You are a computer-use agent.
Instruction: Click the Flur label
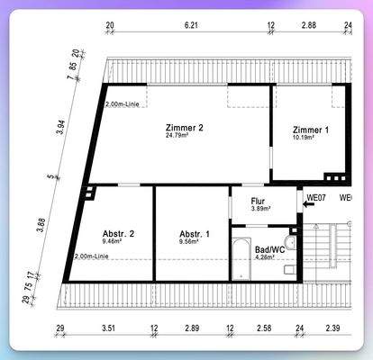[259, 200]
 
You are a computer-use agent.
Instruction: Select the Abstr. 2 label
[118, 234]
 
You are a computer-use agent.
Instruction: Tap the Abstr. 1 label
[194, 234]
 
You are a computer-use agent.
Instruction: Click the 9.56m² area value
[194, 242]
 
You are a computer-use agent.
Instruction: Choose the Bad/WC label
[269, 248]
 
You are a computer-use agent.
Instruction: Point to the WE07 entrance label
[315, 196]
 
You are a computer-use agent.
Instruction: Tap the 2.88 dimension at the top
[308, 26]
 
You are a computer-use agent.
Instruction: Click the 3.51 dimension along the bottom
[108, 330]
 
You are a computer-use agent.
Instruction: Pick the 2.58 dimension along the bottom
[264, 330]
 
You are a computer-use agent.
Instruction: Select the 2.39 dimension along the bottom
[332, 330]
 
